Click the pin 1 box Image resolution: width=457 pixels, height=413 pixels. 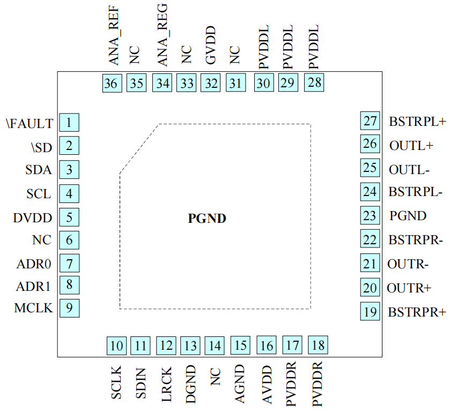tap(69, 123)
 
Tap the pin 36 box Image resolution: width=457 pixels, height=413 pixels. tap(112, 84)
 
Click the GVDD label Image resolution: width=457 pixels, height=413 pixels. tap(211, 45)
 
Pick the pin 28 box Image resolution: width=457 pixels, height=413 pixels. tap(315, 83)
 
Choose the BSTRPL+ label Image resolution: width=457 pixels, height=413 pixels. tap(417, 122)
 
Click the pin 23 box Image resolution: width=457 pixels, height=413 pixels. tap(370, 215)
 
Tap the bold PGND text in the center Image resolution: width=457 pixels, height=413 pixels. tap(207, 218)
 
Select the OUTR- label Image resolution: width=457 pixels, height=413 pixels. tap(408, 264)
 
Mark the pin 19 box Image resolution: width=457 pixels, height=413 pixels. tap(370, 312)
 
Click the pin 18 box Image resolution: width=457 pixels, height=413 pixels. tap(318, 346)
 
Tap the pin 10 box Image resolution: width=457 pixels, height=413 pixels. tap(116, 346)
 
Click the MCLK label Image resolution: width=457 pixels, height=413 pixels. tap(33, 308)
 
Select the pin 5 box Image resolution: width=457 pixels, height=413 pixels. tap(69, 217)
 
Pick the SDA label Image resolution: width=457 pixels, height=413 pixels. tap(38, 170)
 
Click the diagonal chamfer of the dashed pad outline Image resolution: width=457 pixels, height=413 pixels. tap(138, 148)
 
